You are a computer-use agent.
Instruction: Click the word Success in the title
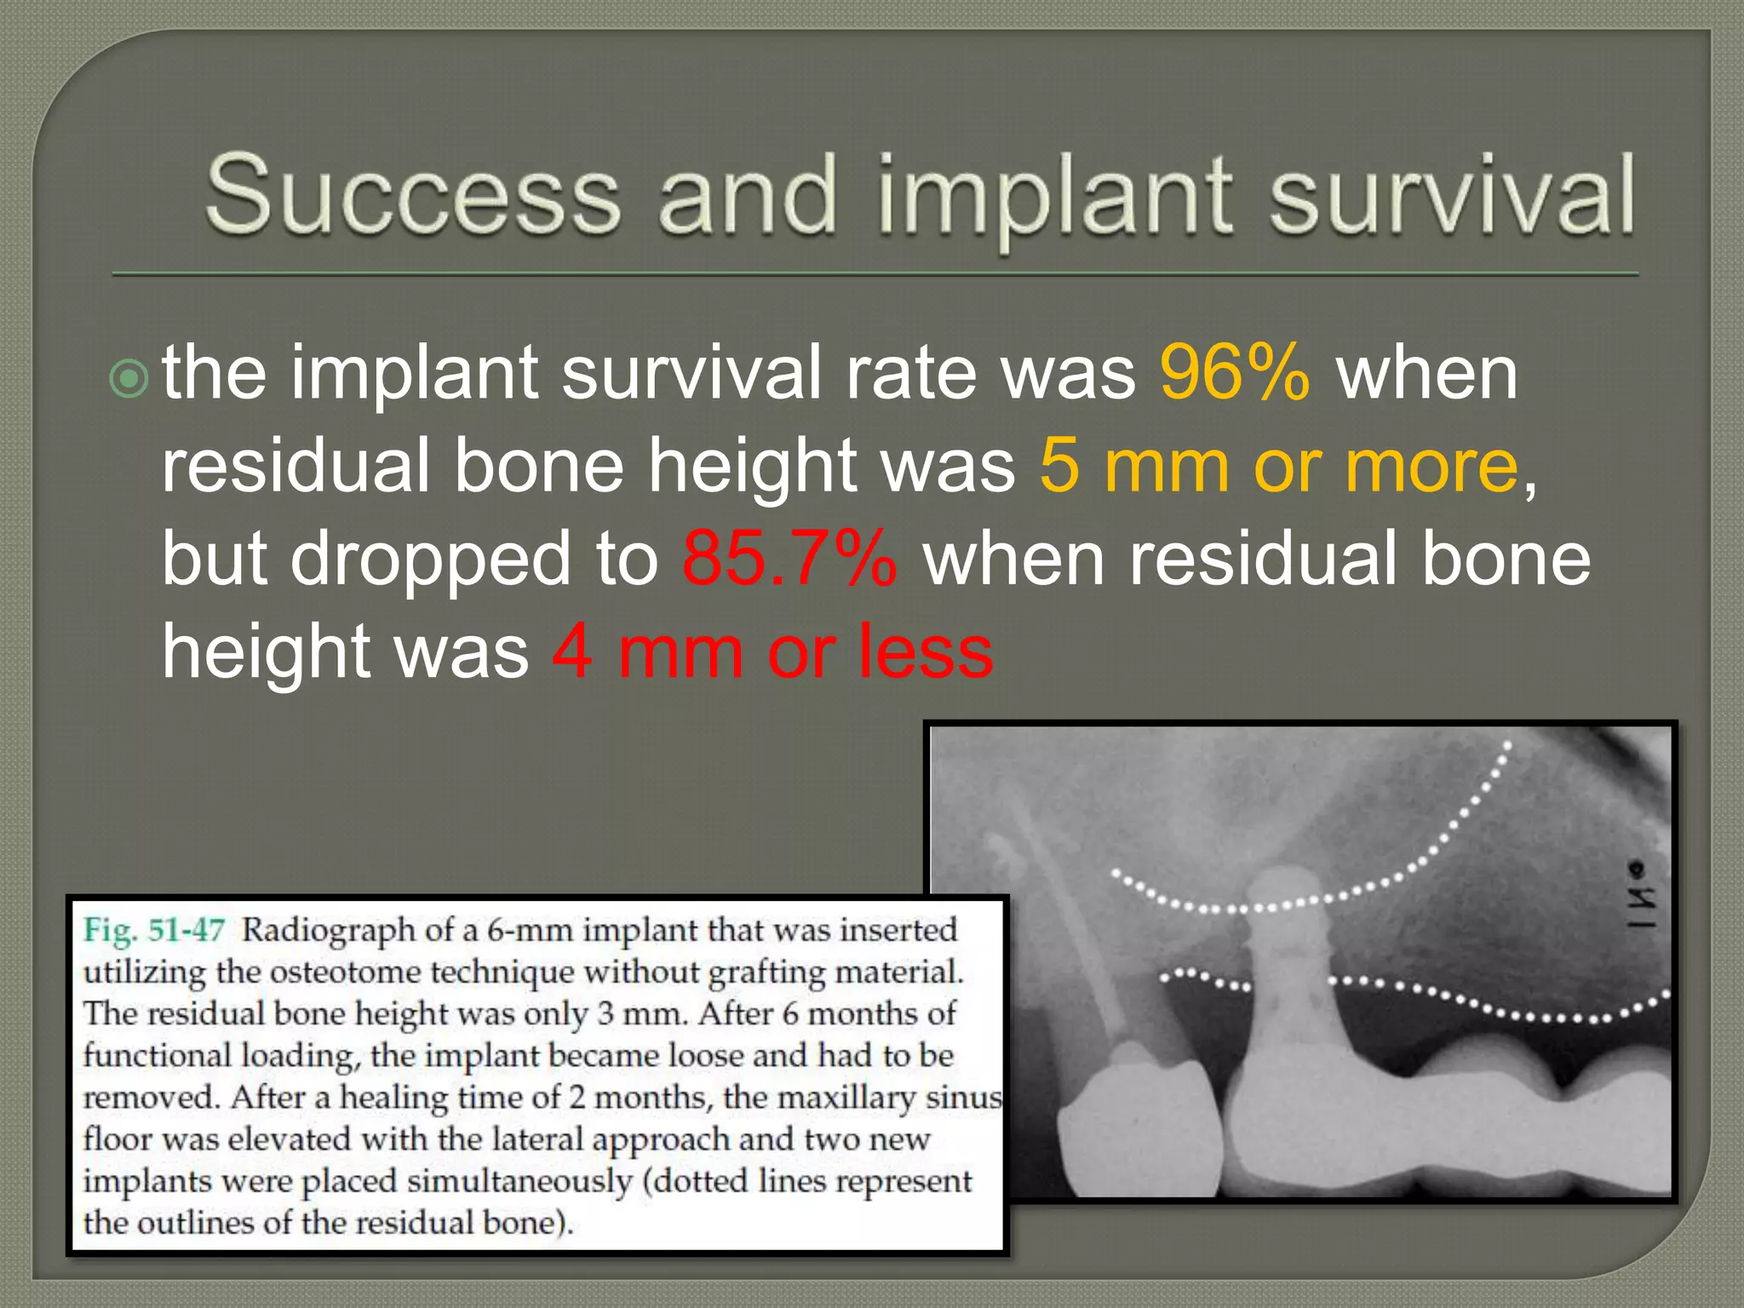pos(413,194)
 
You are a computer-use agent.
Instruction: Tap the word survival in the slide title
pos(1451,194)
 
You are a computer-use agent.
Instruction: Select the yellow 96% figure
pos(1234,372)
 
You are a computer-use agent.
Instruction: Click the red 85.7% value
pos(789,559)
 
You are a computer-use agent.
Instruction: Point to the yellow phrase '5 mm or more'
pos(1278,466)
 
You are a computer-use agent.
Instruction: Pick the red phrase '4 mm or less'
pos(772,652)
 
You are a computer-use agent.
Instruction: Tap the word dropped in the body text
pos(431,559)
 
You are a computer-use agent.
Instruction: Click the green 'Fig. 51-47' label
pos(154,930)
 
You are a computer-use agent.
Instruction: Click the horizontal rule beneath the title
pos(875,274)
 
